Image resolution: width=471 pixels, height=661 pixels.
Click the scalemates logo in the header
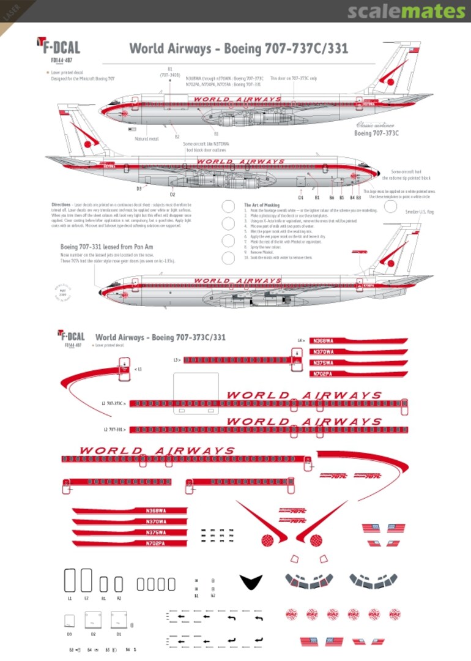[406, 12]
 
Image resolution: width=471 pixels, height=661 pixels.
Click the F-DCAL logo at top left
[59, 47]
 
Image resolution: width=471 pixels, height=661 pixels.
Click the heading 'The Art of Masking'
[262, 205]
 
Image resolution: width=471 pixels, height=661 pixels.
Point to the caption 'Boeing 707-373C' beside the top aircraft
[377, 133]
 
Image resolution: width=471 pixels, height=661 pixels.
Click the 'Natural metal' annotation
[147, 139]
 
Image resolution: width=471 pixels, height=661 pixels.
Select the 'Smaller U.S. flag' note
[420, 212]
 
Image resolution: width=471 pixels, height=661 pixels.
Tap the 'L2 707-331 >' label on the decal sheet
[114, 430]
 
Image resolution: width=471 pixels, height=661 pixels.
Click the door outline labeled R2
[119, 584]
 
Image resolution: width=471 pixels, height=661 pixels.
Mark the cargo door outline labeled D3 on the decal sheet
[70, 621]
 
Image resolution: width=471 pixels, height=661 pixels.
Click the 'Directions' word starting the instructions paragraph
[61, 204]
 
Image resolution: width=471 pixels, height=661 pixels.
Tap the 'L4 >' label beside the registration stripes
[301, 340]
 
